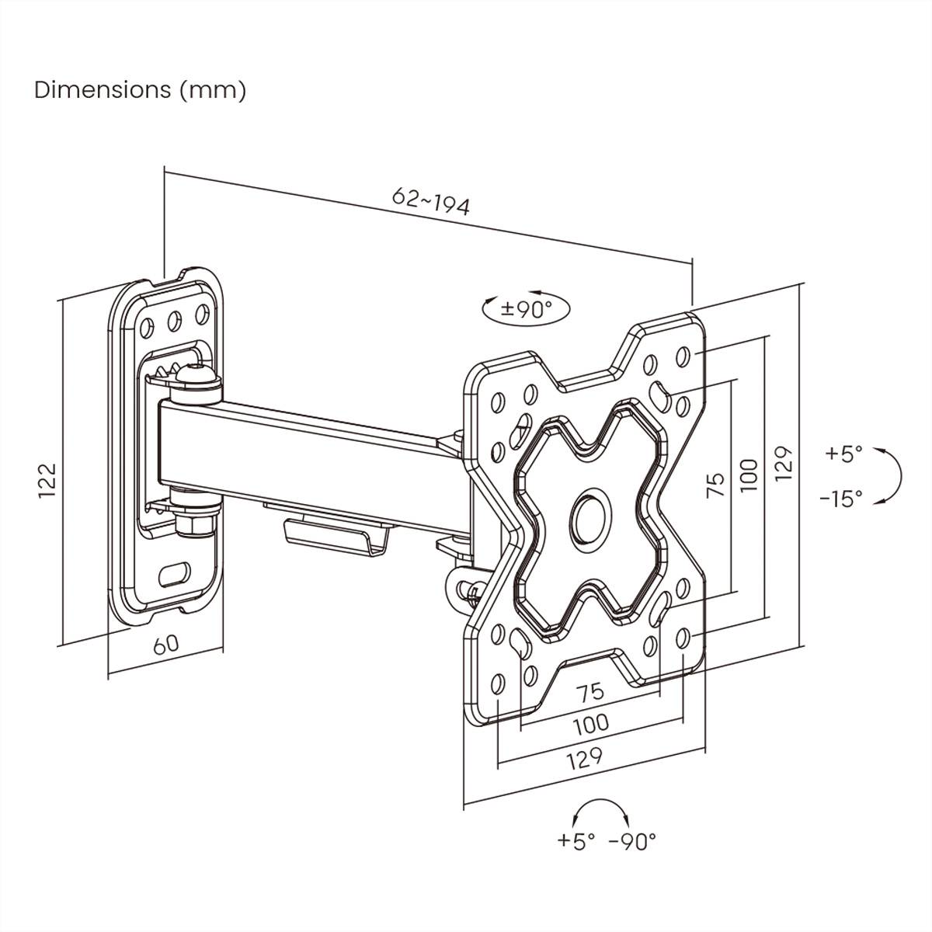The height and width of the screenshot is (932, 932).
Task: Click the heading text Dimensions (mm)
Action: coord(140,90)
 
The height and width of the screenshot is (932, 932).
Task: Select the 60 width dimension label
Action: coord(165,644)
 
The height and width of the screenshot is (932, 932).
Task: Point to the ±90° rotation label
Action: coord(526,309)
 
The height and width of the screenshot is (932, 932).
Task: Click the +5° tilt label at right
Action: coord(843,454)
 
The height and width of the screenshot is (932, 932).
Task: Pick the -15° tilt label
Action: coord(841,499)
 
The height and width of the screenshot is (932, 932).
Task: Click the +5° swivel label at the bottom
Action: coord(576,841)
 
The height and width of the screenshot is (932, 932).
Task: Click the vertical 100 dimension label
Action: coord(748,475)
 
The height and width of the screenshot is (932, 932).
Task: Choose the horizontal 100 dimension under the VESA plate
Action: coord(590,725)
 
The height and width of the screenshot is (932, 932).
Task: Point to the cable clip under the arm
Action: coord(334,535)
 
